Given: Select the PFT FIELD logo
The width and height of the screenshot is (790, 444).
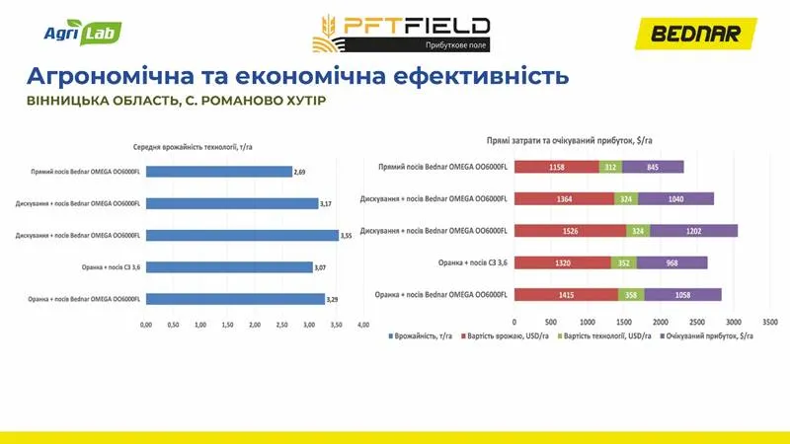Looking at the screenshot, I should coord(400,33).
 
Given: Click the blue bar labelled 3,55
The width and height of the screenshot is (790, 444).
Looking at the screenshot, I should coord(242,235).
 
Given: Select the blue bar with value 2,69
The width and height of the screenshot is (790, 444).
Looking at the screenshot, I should coord(219,172).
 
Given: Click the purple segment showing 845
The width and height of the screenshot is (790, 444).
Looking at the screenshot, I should coord(653,167).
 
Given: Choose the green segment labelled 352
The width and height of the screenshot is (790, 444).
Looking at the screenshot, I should coord(623,262).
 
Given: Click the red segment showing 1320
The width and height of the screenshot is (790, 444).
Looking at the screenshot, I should coord(563,262).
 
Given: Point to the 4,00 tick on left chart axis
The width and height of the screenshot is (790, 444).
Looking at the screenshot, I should coord(363,325).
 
